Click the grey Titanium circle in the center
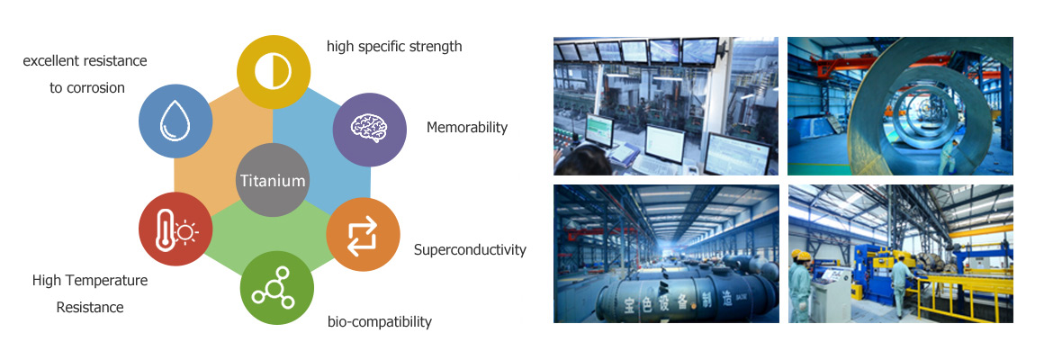tap(273, 180)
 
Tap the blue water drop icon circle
tap(175, 121)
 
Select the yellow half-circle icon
tap(274, 71)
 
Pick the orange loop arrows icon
tap(364, 234)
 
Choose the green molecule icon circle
tap(276, 288)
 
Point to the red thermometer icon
tap(175, 229)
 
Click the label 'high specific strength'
tap(394, 47)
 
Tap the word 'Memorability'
tap(467, 127)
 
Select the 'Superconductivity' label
tap(470, 250)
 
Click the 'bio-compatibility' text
tap(380, 321)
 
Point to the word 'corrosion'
tap(95, 88)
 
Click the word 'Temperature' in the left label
tap(107, 280)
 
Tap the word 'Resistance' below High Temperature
tap(90, 308)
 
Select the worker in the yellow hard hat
tap(800, 284)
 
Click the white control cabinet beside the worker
tap(830, 291)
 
